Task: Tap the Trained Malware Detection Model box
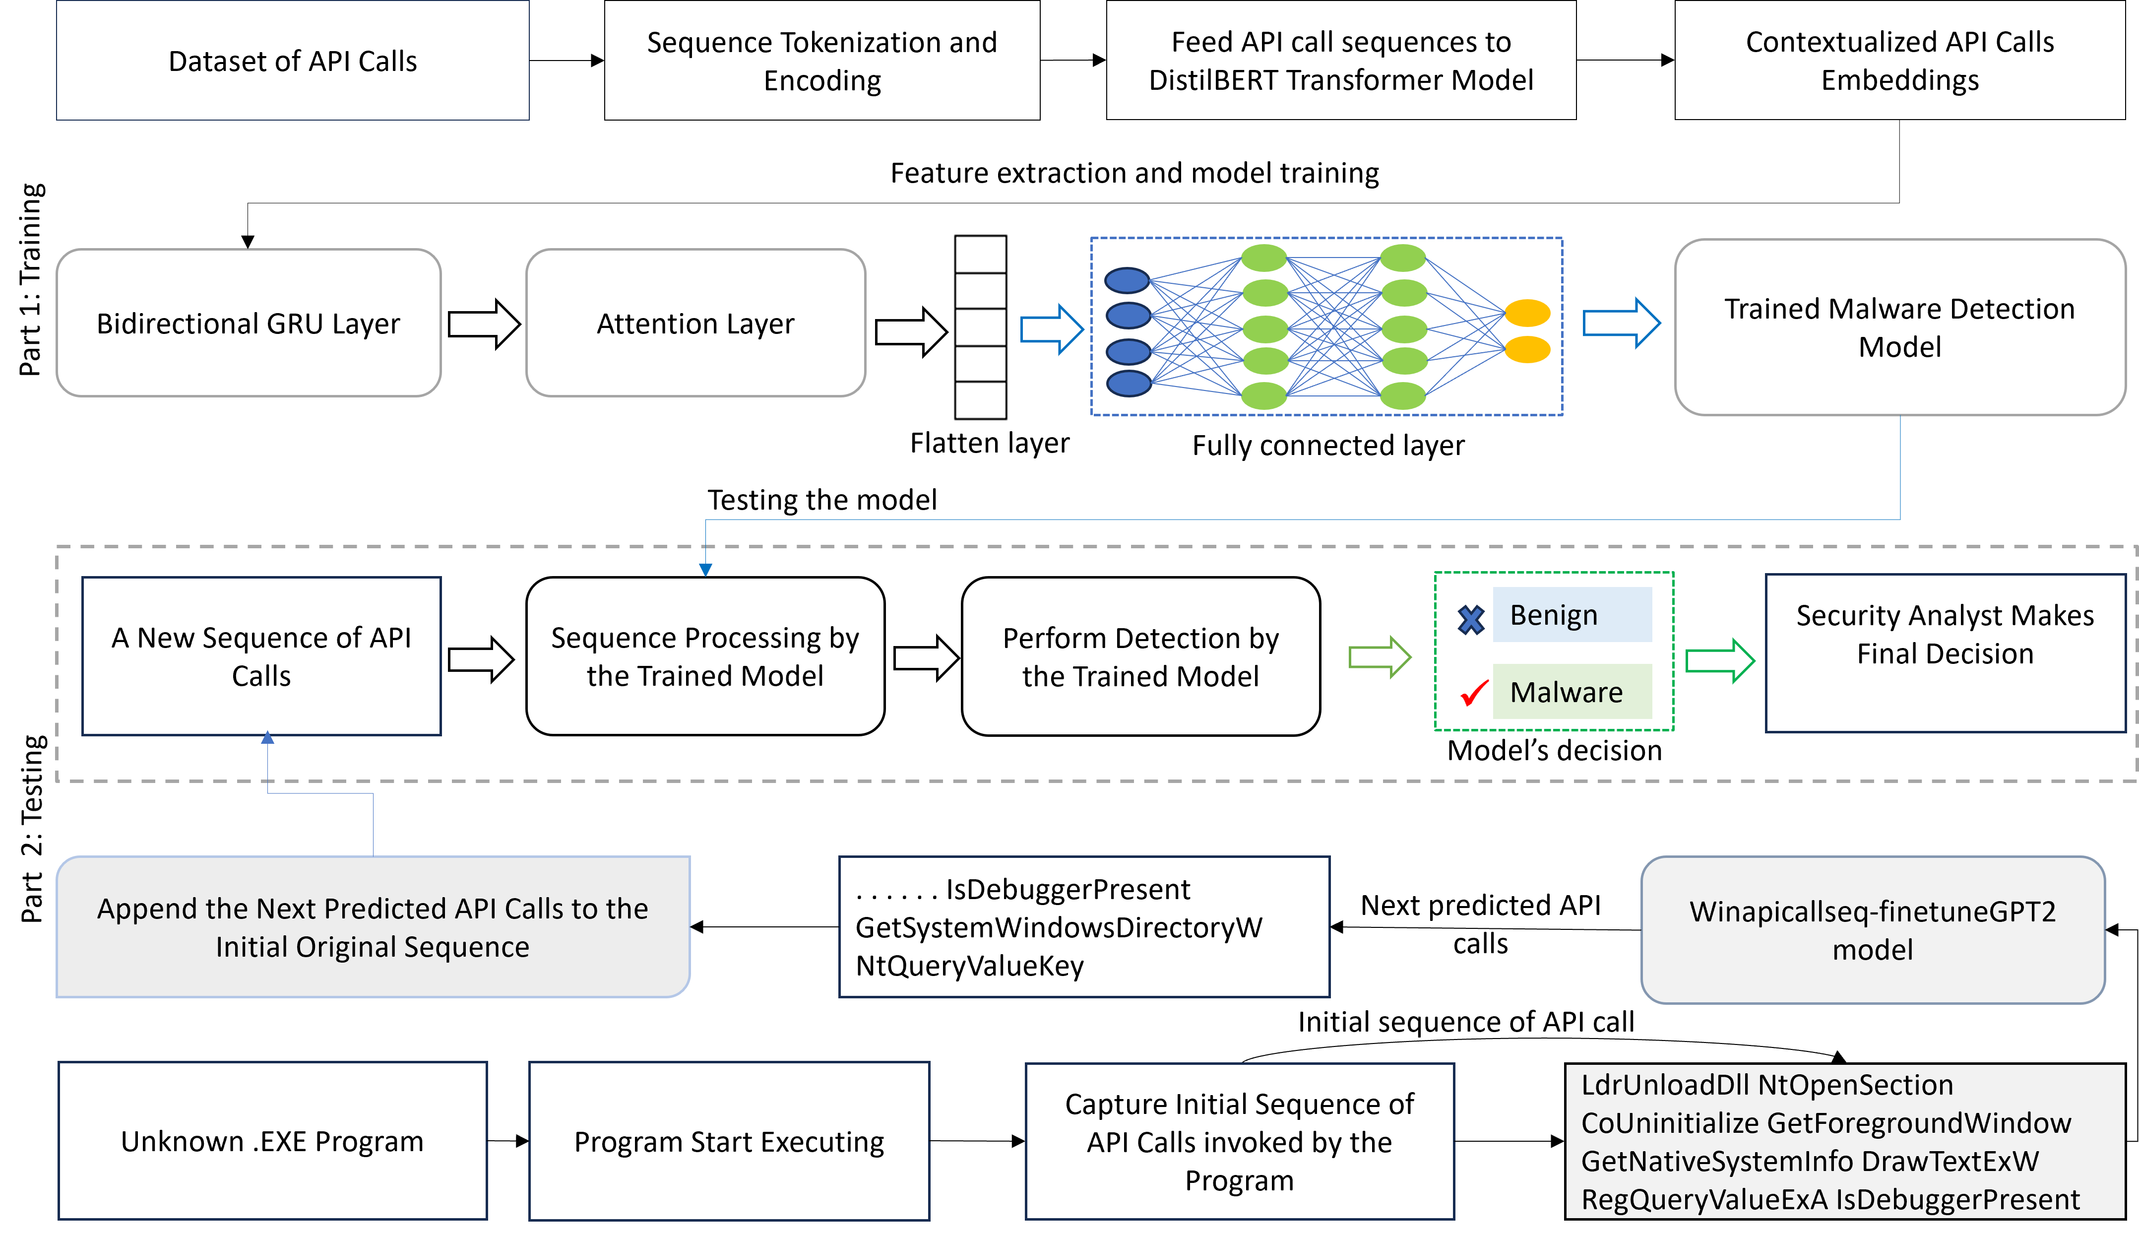[1899, 327]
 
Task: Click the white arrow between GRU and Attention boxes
[483, 324]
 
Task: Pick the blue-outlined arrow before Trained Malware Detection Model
[1621, 323]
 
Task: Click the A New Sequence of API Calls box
[261, 655]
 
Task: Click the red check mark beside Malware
[1473, 694]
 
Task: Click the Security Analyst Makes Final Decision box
[1945, 652]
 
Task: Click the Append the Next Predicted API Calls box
[373, 926]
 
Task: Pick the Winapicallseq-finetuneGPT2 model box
[1873, 930]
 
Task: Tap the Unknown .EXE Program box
[272, 1140]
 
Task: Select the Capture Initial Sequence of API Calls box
[1239, 1141]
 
